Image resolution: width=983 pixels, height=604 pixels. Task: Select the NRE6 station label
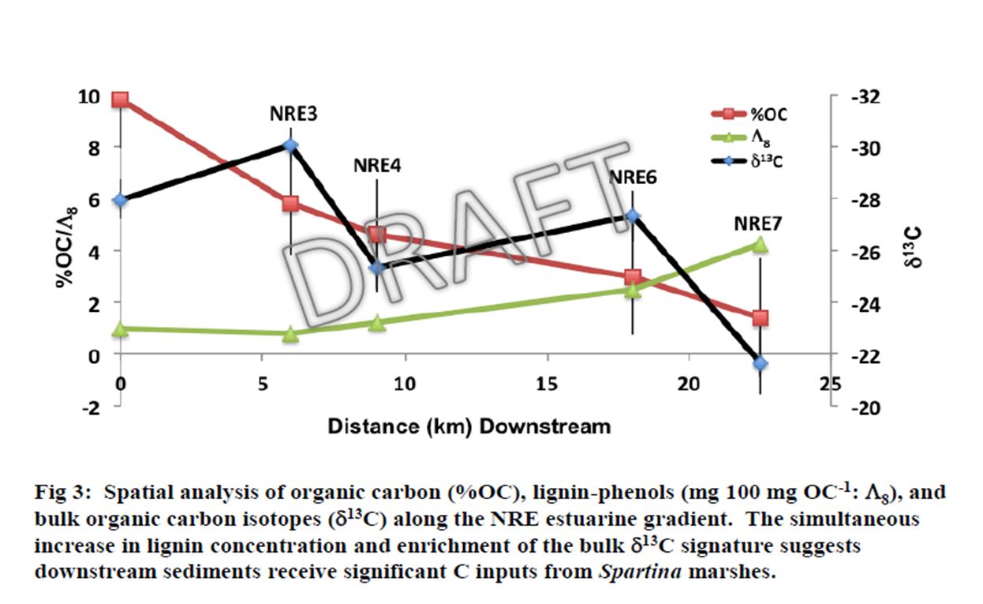633,178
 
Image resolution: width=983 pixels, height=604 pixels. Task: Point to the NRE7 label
758,223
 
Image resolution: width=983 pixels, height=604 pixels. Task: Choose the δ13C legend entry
768,161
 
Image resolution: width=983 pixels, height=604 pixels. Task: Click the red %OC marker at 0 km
120,99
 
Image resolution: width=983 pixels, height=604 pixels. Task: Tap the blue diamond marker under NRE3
290,145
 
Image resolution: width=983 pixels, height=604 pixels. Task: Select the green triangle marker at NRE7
760,245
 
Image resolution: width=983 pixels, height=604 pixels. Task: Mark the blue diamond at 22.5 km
760,363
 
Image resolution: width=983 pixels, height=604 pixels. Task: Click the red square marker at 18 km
632,277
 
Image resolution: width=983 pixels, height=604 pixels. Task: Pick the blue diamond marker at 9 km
376,267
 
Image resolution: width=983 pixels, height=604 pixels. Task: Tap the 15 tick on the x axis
548,384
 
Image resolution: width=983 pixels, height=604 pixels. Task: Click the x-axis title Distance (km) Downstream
469,426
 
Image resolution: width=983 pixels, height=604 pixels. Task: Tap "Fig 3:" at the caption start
62,493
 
